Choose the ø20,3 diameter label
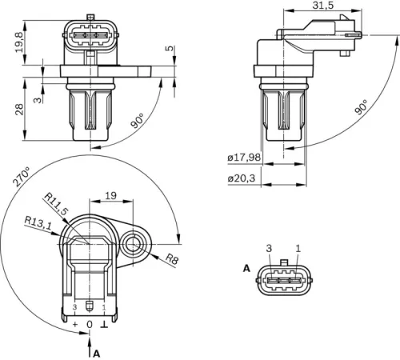click(x=241, y=179)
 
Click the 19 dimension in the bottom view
click(x=110, y=194)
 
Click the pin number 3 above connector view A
click(x=270, y=249)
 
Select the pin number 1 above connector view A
click(x=298, y=249)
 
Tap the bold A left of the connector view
click(x=246, y=268)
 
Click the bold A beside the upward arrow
click(x=97, y=352)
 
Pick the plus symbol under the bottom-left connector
click(x=76, y=325)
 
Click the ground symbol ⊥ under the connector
click(x=104, y=325)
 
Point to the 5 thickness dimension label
click(x=168, y=49)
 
